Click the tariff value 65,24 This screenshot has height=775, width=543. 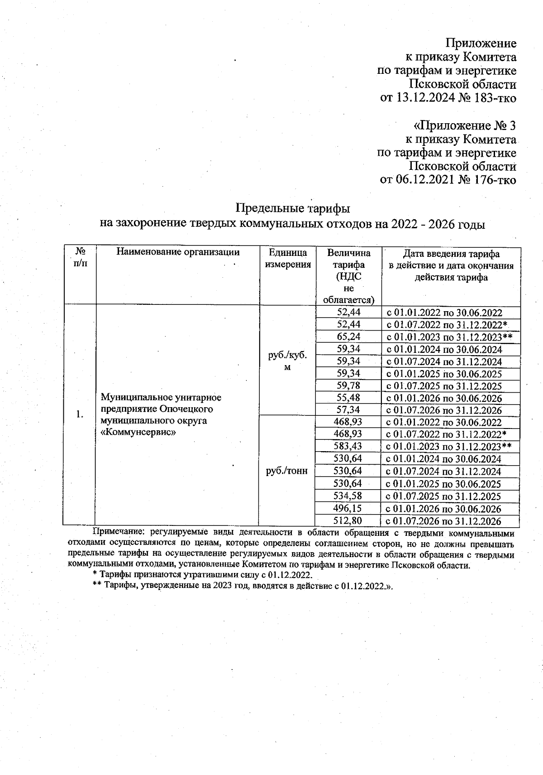349,337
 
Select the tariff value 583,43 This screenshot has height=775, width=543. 348,447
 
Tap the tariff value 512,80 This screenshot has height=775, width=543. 348,520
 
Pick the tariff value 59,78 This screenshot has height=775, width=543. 349,386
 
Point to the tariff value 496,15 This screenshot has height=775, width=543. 348,508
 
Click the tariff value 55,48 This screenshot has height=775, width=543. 349,398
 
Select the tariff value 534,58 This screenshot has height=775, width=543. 348,496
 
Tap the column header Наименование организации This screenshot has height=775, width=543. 178,252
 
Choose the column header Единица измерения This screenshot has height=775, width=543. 288,259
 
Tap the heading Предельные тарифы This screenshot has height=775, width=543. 293,209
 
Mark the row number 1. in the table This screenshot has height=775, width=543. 80,414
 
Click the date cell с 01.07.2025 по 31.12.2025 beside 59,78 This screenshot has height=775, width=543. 443,386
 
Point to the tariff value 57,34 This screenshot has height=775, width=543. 349,410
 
